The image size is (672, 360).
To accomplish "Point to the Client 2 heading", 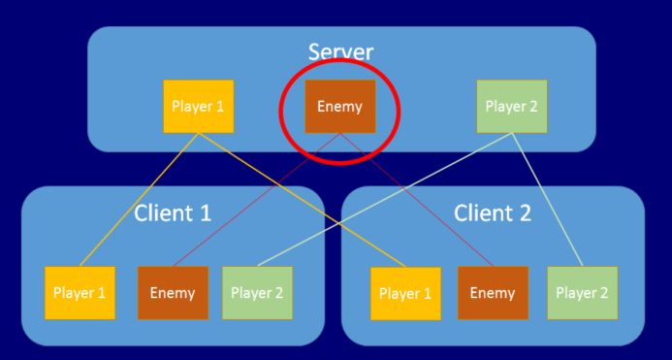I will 493,213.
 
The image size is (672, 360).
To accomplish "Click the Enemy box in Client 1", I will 172,292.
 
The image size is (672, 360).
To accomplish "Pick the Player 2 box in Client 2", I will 581,292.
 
